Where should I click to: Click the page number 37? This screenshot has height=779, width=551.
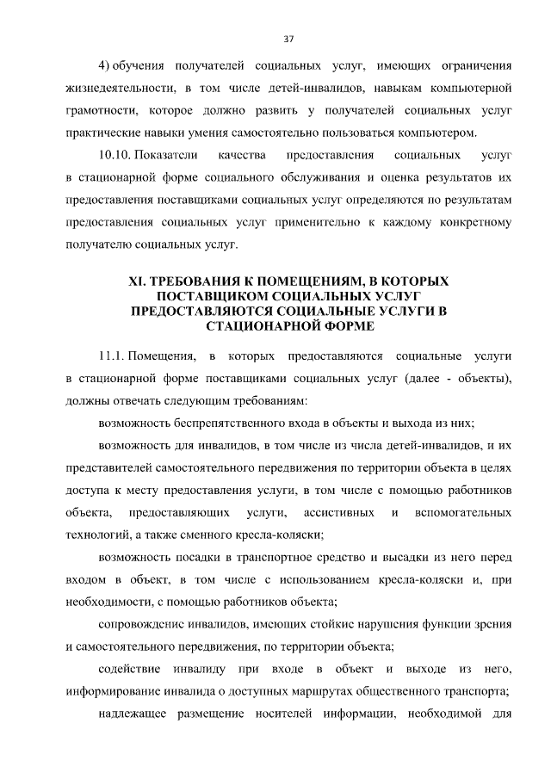point(288,38)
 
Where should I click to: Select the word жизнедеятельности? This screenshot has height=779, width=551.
point(117,88)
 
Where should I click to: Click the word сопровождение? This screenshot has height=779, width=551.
point(142,624)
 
